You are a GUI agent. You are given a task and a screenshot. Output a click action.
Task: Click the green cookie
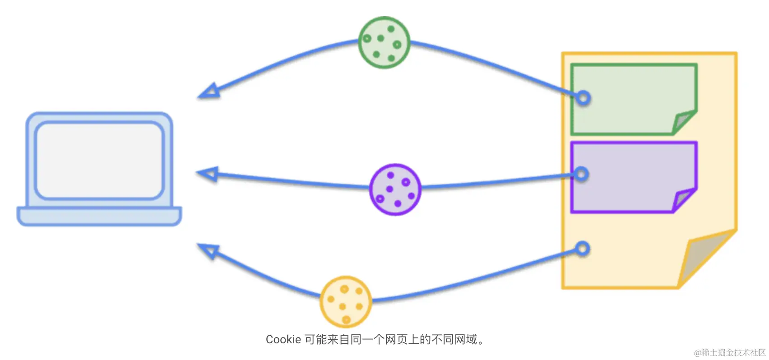click(384, 42)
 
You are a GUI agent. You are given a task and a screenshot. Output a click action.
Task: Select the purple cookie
click(395, 189)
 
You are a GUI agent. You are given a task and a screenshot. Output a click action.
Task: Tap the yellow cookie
click(346, 301)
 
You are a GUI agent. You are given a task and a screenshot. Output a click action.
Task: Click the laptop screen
click(99, 160)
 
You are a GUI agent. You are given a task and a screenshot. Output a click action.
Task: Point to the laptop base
click(99, 216)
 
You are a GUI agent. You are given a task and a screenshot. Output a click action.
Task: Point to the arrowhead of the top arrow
click(210, 91)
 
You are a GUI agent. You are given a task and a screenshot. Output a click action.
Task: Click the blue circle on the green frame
click(583, 97)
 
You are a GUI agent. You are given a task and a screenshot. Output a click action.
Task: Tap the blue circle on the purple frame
click(582, 174)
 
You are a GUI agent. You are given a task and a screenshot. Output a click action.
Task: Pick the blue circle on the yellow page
click(582, 248)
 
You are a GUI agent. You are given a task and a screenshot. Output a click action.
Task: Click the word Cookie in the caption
click(283, 339)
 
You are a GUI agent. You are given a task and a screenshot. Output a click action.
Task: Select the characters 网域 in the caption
click(466, 339)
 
